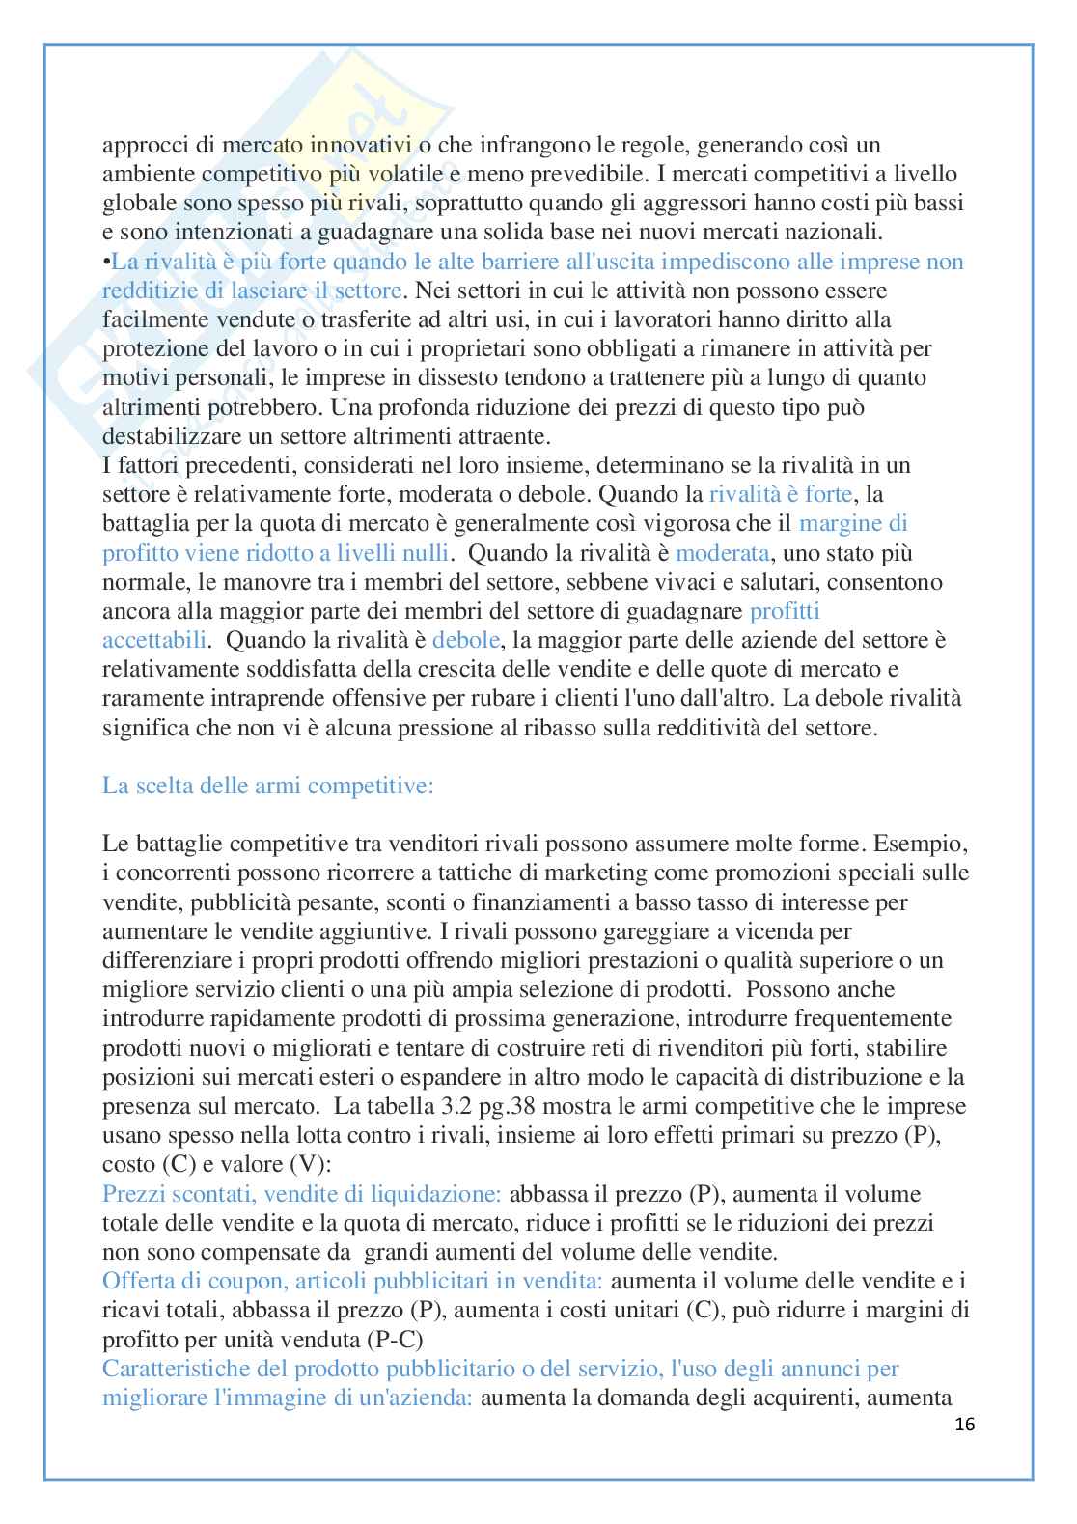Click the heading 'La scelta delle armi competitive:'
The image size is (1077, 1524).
tap(268, 786)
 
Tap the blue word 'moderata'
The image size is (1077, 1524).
tap(723, 553)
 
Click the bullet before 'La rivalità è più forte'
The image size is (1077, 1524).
tap(107, 262)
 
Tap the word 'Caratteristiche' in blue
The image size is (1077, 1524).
tap(181, 1369)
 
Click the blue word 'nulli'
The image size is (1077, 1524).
tap(426, 553)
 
